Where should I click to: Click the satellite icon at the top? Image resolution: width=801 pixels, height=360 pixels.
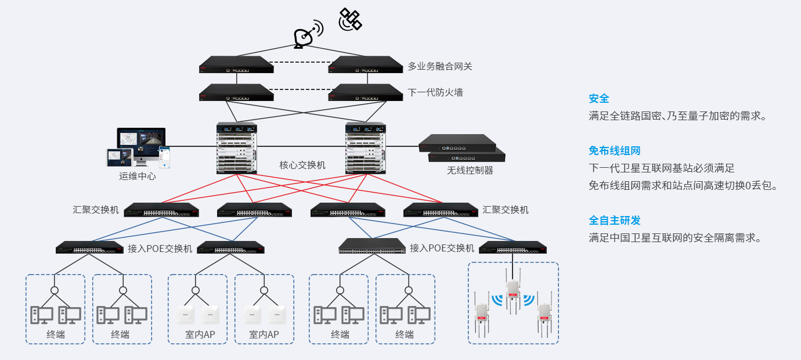(350, 19)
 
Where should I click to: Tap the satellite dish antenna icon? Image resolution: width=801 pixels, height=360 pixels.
(306, 36)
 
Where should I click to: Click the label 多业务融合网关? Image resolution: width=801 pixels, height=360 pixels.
(439, 66)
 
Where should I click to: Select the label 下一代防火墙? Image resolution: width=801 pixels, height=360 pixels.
(435, 92)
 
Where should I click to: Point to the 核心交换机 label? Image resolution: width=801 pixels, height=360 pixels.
(302, 165)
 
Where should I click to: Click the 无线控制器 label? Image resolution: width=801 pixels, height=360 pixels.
(470, 170)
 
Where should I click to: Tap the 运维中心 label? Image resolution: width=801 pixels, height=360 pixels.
(138, 176)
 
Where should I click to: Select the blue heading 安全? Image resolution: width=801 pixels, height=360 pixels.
(598, 99)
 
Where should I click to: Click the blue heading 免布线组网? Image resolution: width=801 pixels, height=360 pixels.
(614, 151)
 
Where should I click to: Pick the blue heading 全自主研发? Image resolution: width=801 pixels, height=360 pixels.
(614, 221)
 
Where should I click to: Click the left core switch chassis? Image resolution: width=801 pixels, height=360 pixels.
(237, 148)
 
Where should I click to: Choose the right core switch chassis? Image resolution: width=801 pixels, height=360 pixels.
(365, 148)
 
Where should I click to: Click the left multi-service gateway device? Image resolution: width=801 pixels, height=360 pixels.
(236, 64)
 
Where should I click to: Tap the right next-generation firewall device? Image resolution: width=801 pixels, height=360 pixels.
(365, 92)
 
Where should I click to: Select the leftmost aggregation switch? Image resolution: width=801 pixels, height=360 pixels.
(161, 210)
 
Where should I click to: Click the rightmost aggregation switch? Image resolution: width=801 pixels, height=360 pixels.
(441, 210)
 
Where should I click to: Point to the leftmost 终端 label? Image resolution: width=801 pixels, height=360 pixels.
(56, 334)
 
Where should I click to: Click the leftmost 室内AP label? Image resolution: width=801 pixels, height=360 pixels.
(197, 334)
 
